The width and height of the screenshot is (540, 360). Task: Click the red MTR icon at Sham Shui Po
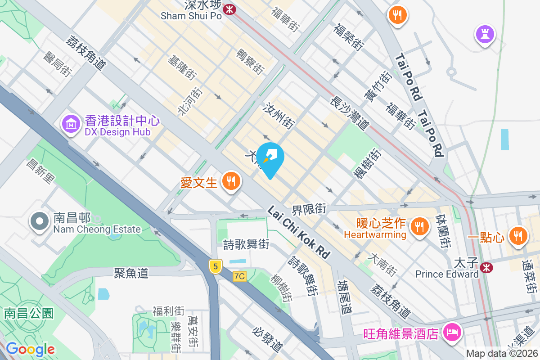click(x=229, y=9)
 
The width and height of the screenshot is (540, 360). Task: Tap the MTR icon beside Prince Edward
click(x=486, y=268)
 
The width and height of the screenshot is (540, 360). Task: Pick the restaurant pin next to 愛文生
click(x=232, y=181)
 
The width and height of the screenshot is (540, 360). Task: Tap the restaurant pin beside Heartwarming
click(x=419, y=226)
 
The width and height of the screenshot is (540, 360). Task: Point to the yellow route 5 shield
click(x=216, y=266)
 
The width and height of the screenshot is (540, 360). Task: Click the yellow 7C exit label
click(x=240, y=276)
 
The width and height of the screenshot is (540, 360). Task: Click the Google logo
click(x=30, y=349)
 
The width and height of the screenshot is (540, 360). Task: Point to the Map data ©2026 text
click(x=502, y=353)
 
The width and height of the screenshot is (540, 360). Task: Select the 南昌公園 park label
click(x=29, y=313)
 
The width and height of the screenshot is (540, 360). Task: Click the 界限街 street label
click(x=309, y=209)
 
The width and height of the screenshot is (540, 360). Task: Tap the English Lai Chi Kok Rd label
click(x=299, y=232)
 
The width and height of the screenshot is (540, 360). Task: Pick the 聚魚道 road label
click(x=131, y=273)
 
